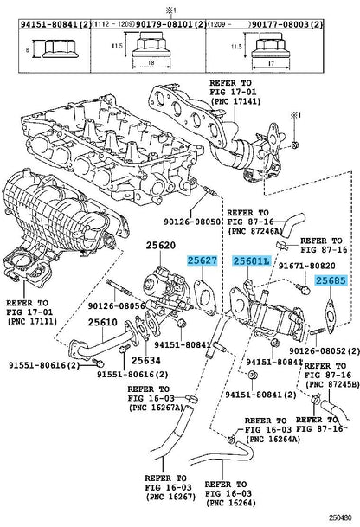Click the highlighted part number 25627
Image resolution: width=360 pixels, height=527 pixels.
pyautogui.click(x=202, y=260)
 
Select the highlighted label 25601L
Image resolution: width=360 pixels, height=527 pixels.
pyautogui.click(x=252, y=260)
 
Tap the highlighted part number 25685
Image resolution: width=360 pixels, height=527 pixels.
pyautogui.click(x=331, y=280)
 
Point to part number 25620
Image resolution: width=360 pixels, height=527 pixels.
pyautogui.click(x=161, y=246)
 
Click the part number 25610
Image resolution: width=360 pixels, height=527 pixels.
pyautogui.click(x=102, y=322)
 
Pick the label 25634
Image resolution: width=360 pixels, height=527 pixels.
pyautogui.click(x=146, y=360)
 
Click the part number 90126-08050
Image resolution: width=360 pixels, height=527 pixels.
pyautogui.click(x=192, y=222)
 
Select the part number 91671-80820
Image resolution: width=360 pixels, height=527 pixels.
pyautogui.click(x=307, y=266)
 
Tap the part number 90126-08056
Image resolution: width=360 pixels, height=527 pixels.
pyautogui.click(x=116, y=305)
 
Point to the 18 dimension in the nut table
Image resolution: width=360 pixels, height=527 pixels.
pyautogui.click(x=151, y=62)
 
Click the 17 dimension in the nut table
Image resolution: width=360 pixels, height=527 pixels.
pyautogui.click(x=271, y=63)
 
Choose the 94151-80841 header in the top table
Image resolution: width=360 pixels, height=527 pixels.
pyautogui.click(x=49, y=24)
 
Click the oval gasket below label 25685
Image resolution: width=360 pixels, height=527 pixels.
pyautogui.click(x=331, y=316)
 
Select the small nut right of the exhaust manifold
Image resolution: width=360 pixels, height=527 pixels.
pyautogui.click(x=295, y=145)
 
